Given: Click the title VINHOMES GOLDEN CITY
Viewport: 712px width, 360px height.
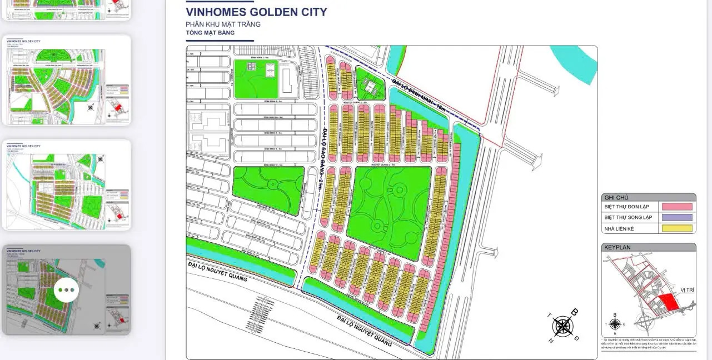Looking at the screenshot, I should coord(256,12).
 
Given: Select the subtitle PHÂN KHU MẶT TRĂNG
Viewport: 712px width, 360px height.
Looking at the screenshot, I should coord(223,24).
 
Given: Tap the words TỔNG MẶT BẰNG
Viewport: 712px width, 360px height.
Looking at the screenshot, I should coord(210,33).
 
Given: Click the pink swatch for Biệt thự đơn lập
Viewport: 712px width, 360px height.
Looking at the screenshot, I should coord(677,207).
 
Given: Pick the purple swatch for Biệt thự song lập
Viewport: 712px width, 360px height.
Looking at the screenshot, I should coord(677,217).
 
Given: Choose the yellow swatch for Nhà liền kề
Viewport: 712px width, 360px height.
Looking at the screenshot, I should coord(677,228).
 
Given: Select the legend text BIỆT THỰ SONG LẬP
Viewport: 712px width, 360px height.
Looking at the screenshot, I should coord(628,217).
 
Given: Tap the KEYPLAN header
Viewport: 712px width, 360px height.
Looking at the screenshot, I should coord(618,247).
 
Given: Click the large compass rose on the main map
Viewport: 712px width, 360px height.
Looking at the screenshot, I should coord(563,326).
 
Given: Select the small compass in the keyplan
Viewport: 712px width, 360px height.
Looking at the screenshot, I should coord(615,324).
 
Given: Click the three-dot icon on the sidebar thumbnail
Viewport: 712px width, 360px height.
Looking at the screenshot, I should coord(66,290).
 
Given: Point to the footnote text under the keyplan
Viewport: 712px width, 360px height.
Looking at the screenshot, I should coord(648,344).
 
